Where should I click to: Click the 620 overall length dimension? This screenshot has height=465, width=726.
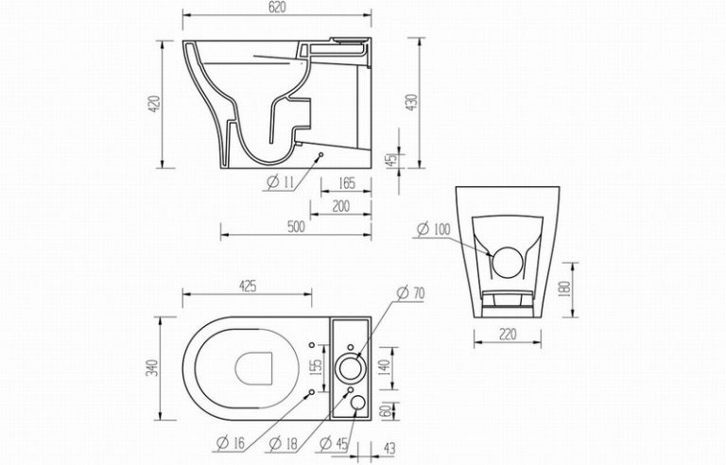[277, 8]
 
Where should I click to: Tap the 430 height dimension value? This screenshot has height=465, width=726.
[411, 102]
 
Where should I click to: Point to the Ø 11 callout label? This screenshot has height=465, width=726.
[281, 182]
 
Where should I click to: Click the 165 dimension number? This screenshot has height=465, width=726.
[346, 183]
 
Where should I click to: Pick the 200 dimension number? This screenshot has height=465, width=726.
[340, 206]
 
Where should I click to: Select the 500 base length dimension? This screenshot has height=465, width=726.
[296, 227]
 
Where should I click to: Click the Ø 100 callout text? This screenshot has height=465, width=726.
[433, 229]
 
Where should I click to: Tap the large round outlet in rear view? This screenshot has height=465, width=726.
[508, 263]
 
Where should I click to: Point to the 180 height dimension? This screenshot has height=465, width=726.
[565, 289]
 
